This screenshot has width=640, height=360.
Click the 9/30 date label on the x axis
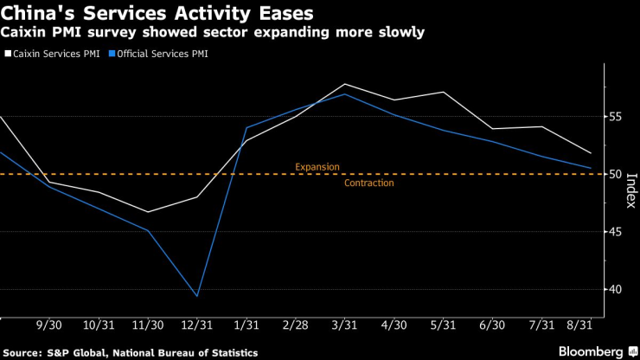tap(48, 327)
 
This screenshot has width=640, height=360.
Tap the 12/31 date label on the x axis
tap(198, 327)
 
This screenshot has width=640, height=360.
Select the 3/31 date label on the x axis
tap(345, 327)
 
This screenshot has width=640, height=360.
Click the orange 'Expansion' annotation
tap(317, 166)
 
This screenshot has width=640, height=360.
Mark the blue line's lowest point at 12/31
tap(197, 296)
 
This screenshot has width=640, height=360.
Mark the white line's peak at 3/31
tap(345, 84)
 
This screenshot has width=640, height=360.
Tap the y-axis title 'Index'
tap(630, 191)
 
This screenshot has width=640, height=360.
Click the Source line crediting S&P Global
tap(134, 352)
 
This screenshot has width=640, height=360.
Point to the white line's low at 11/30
tap(147, 212)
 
